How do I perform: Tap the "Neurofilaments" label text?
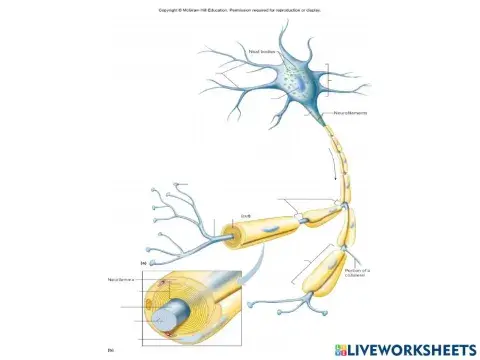(x=350, y=113)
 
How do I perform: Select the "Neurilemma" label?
(x=120, y=280)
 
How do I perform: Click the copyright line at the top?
(x=239, y=11)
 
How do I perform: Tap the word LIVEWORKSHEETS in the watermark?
(x=412, y=349)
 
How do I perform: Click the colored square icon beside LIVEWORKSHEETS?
(x=341, y=349)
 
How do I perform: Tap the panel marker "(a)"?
(x=144, y=263)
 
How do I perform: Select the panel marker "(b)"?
(x=112, y=349)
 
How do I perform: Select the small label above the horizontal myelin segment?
(x=246, y=214)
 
